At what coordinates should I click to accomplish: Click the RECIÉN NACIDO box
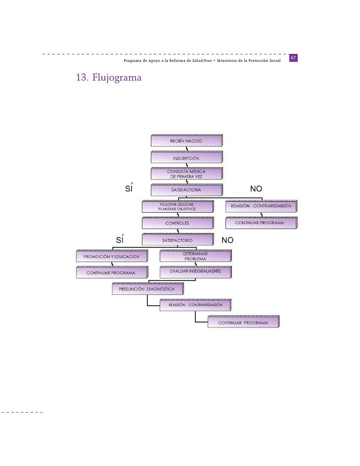click(x=186, y=141)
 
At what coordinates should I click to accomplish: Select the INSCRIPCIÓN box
click(x=186, y=158)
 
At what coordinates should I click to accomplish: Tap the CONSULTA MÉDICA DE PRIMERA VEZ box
click(x=186, y=174)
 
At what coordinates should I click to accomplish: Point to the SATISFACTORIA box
click(x=186, y=189)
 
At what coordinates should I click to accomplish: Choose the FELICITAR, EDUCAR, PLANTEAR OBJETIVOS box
click(x=177, y=207)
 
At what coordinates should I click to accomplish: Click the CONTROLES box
click(x=177, y=224)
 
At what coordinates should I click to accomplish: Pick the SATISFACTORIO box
click(x=177, y=240)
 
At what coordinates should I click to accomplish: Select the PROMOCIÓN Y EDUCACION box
click(x=111, y=256)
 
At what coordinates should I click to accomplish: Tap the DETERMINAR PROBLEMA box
click(x=195, y=256)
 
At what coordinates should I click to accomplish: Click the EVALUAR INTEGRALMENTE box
click(x=195, y=272)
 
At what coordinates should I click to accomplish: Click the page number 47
click(x=293, y=58)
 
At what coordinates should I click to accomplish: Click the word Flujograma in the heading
click(x=116, y=78)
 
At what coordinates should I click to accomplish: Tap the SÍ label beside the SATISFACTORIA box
click(x=129, y=189)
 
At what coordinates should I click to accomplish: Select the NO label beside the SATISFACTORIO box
click(x=227, y=241)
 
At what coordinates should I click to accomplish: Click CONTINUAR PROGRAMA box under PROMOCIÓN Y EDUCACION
click(x=111, y=273)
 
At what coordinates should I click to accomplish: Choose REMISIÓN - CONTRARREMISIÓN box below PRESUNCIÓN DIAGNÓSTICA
click(x=195, y=305)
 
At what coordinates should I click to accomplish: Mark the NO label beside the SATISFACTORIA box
click(x=257, y=189)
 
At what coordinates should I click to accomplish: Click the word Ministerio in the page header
click(x=232, y=60)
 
